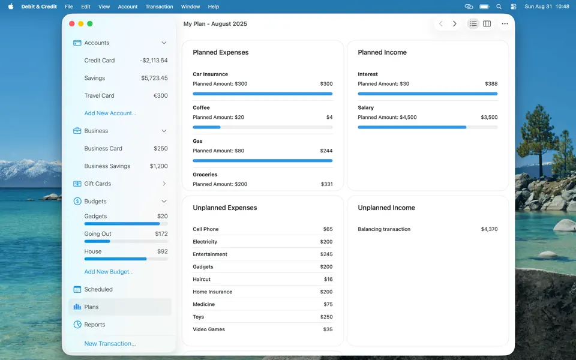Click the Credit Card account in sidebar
[x=100, y=61]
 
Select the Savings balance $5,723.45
[x=154, y=78]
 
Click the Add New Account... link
[x=110, y=113]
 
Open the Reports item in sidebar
[x=94, y=325]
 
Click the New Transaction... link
[x=110, y=344]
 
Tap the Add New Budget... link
[x=109, y=272]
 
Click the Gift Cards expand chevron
[x=164, y=184]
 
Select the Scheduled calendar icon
[x=77, y=289]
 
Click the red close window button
[x=72, y=24]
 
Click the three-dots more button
[x=505, y=24]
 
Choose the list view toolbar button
[x=473, y=24]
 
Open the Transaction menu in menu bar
[x=159, y=7]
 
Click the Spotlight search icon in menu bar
[x=499, y=7]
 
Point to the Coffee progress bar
[x=262, y=127]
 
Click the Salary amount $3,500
[x=489, y=118]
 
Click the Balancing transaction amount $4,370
[x=489, y=229]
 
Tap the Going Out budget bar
[x=126, y=241]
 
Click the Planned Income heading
[x=382, y=52]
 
